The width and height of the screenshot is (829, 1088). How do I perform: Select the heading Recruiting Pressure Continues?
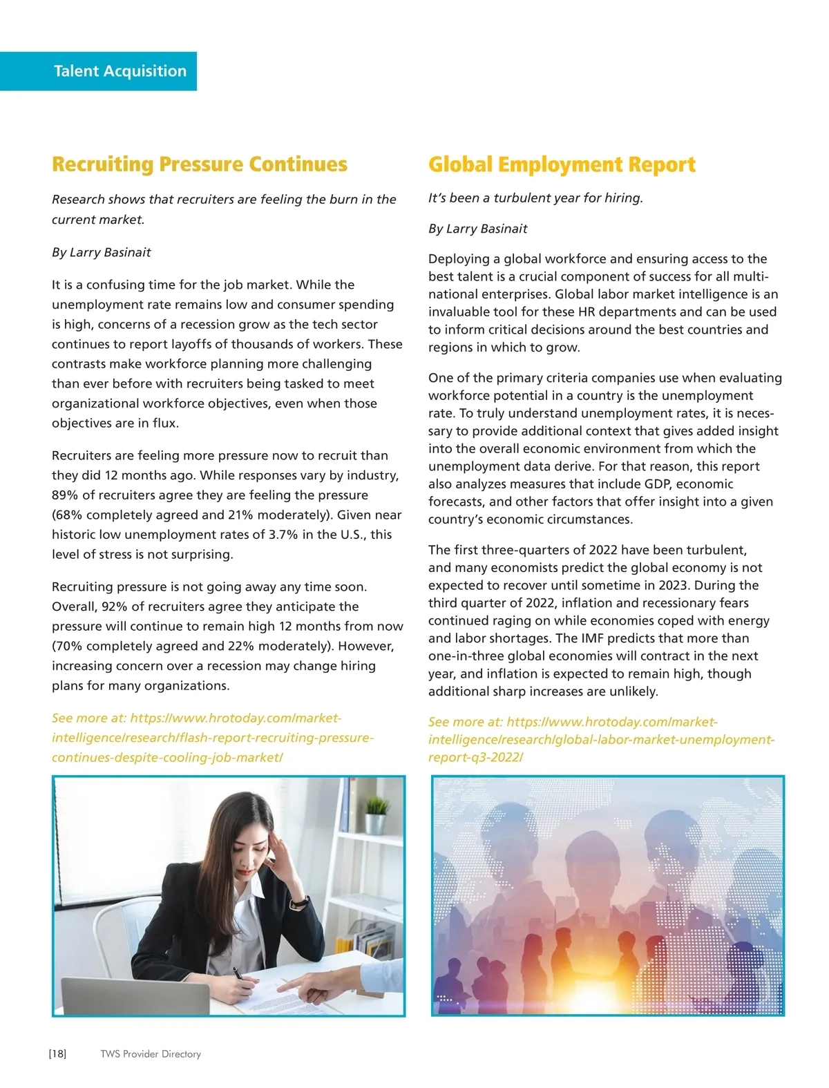tap(200, 164)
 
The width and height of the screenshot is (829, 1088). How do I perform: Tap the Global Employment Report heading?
tap(562, 164)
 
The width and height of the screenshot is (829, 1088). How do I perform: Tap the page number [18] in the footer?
tap(57, 1053)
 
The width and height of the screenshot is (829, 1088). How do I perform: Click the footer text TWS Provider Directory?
tap(151, 1053)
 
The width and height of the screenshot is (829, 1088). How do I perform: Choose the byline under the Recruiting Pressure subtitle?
tap(101, 252)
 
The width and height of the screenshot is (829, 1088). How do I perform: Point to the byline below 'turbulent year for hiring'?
tap(477, 229)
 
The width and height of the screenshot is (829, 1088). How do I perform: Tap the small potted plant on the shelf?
tap(377, 815)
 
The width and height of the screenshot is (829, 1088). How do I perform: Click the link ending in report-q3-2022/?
tap(475, 757)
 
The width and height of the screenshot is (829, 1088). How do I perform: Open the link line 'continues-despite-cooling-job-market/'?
tap(167, 757)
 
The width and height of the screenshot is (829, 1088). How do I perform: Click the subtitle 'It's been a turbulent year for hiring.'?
tap(535, 198)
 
